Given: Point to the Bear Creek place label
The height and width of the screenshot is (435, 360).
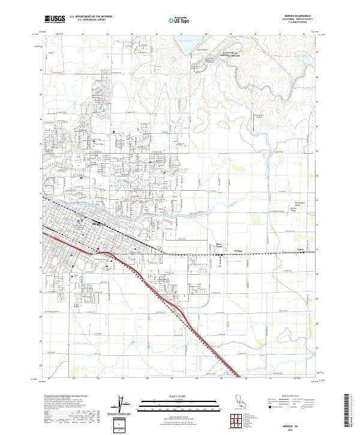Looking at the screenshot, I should pos(219,245).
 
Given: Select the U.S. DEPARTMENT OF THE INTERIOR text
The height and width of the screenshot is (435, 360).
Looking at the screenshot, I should pos(91,16).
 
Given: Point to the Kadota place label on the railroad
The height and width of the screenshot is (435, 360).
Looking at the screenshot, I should pos(238,252).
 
